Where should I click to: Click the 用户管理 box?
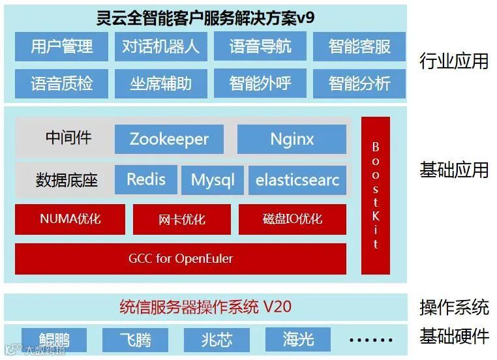[x=62, y=46]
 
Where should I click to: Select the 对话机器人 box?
[x=160, y=46]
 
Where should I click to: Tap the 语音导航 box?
[x=260, y=46]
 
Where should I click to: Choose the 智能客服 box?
[x=359, y=46]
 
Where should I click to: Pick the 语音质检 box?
[x=62, y=83]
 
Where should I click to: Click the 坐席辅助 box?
[x=160, y=83]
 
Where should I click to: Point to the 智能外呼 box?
[x=260, y=83]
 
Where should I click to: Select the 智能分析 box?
[x=359, y=83]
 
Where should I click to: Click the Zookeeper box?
[x=169, y=139]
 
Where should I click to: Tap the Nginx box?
[x=292, y=139]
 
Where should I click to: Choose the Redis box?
[x=145, y=179]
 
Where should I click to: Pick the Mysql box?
[x=213, y=180]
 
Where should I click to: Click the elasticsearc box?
[x=297, y=180]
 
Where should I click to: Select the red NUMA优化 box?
[x=70, y=219]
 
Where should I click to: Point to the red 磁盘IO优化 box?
[x=292, y=219]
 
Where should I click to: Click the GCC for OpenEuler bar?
[x=181, y=259]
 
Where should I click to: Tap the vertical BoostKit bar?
[x=376, y=196]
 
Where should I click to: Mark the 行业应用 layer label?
[x=454, y=62]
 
